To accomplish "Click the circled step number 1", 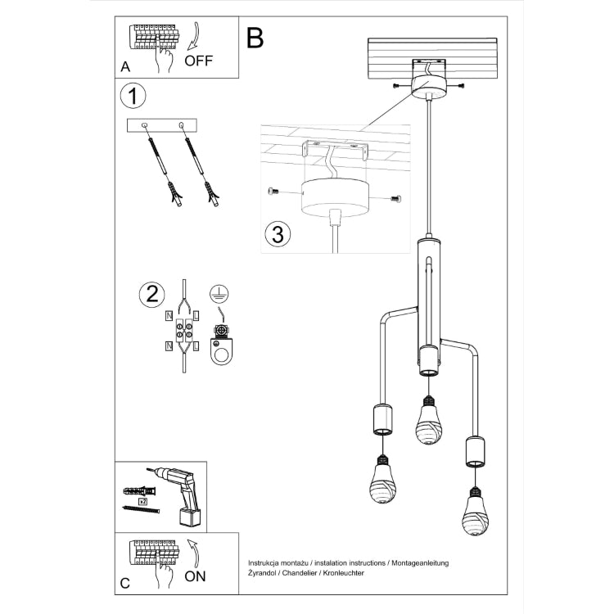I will (x=133, y=96).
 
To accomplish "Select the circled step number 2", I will (x=151, y=295).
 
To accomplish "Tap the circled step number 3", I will (x=278, y=233).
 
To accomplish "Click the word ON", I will (x=195, y=576).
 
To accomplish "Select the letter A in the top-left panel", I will (x=124, y=67).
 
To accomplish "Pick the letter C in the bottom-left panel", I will (x=124, y=583).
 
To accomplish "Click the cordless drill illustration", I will (x=179, y=494).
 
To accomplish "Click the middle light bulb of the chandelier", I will (x=426, y=420).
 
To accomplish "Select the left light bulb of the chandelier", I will (x=380, y=480).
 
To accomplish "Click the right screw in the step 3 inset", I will (x=395, y=197).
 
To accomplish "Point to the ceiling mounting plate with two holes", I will (x=162, y=124).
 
